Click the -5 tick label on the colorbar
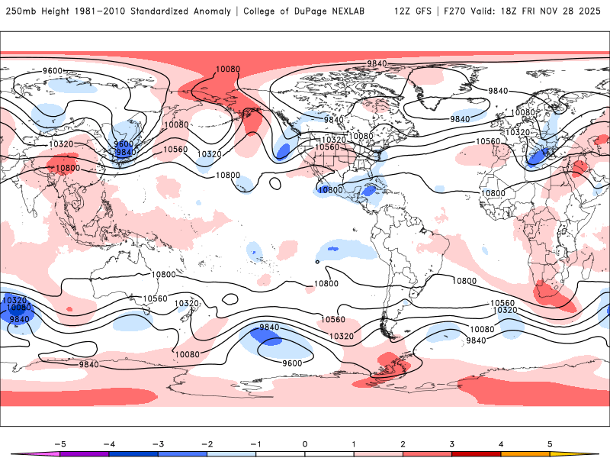(x=59, y=443)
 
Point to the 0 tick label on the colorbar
(x=305, y=443)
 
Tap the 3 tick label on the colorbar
(x=452, y=443)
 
